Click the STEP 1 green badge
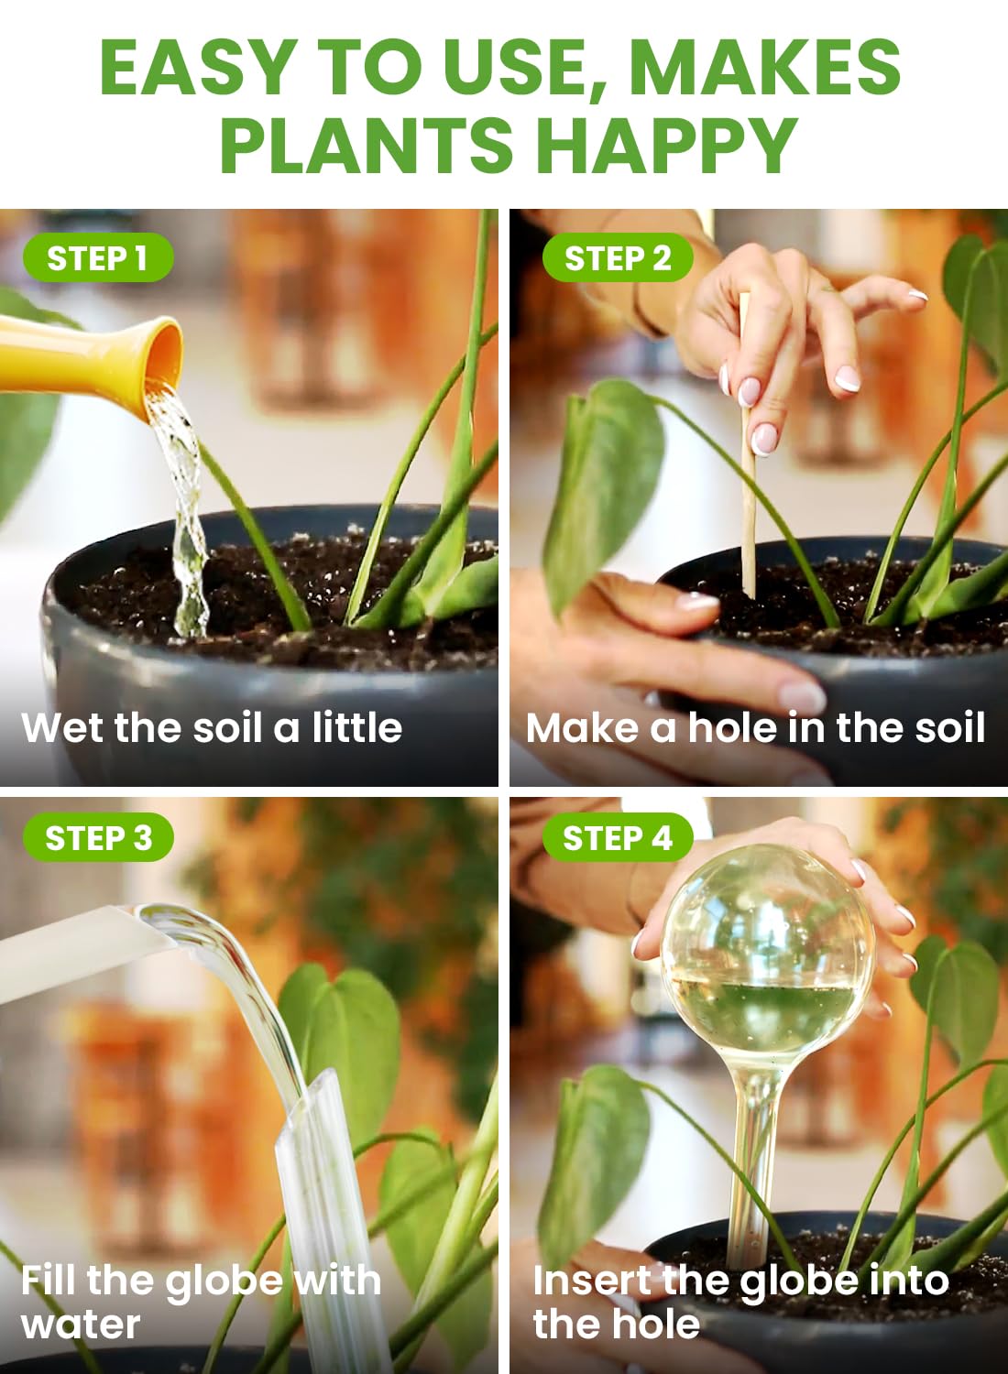[97, 258]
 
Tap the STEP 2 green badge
[617, 258]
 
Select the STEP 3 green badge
[98, 837]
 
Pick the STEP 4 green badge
[617, 837]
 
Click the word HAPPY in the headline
[666, 145]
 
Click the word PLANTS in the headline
[367, 145]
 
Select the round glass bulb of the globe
[768, 953]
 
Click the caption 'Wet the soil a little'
[212, 727]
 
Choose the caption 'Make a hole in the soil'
[755, 727]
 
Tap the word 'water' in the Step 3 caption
[81, 1324]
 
